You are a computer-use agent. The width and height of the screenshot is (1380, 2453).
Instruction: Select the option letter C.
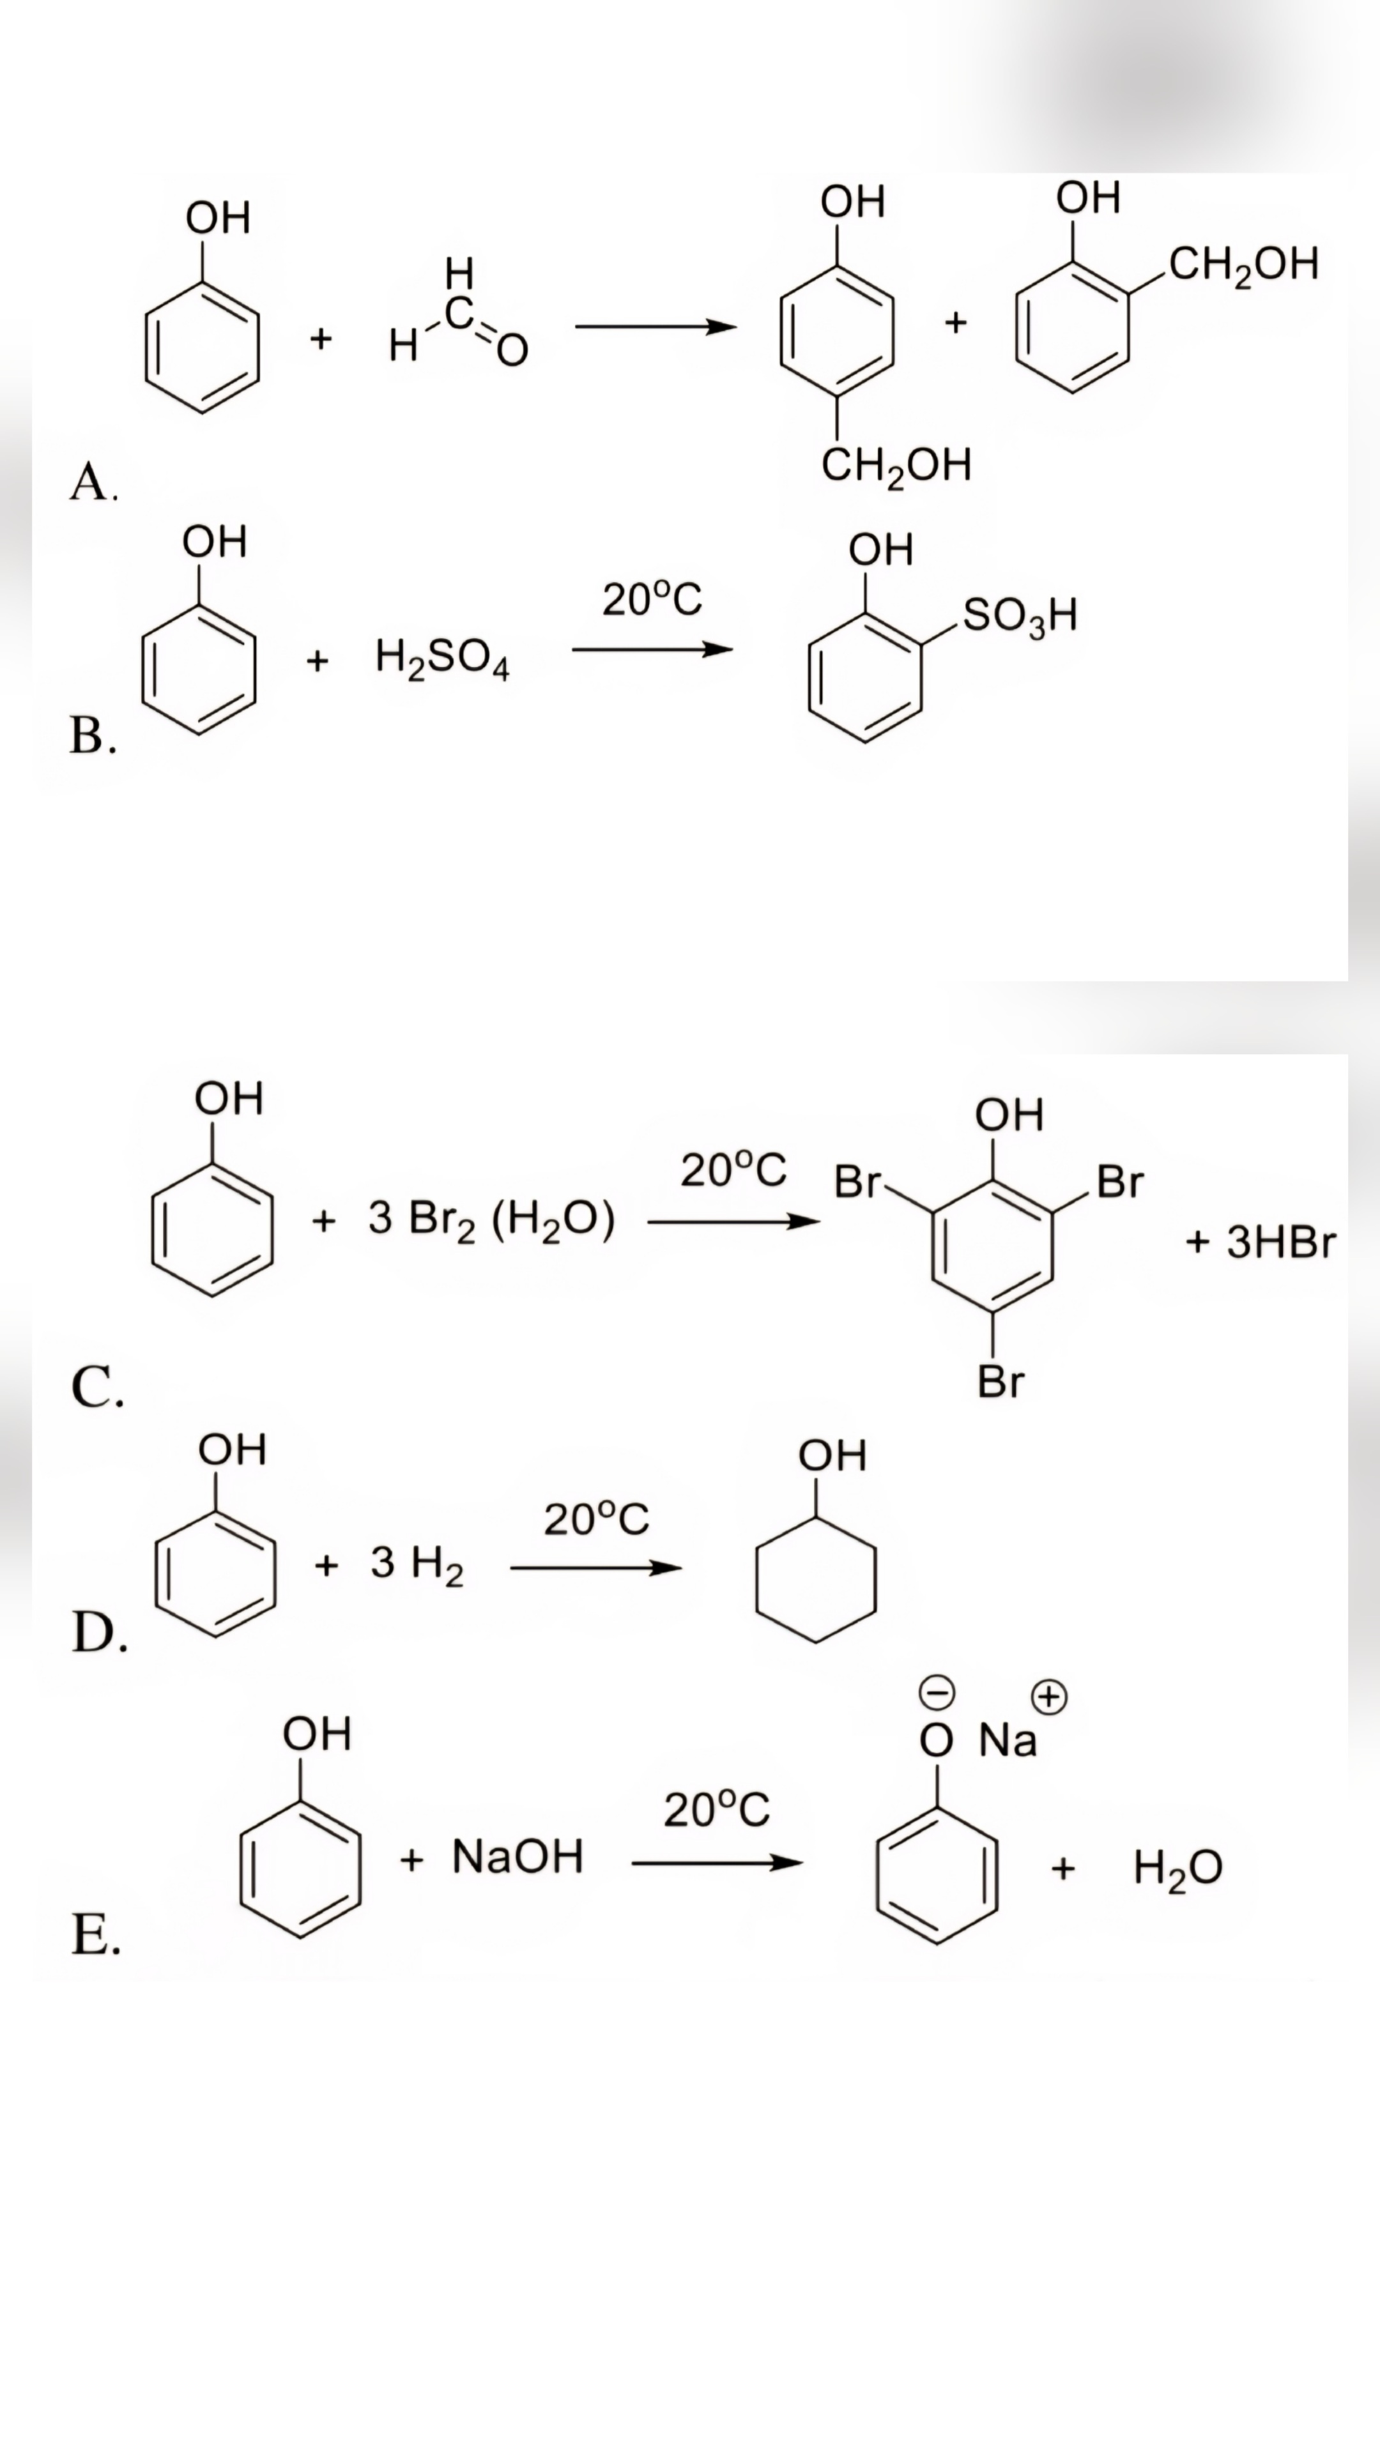[x=96, y=1387]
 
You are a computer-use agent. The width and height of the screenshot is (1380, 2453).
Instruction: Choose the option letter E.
[x=95, y=1935]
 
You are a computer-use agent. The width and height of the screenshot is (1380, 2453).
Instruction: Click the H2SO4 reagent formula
[x=442, y=659]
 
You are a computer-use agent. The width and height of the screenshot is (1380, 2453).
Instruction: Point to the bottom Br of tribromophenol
[x=1000, y=1382]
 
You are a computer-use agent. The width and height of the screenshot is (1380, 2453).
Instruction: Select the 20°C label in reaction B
[x=652, y=600]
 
